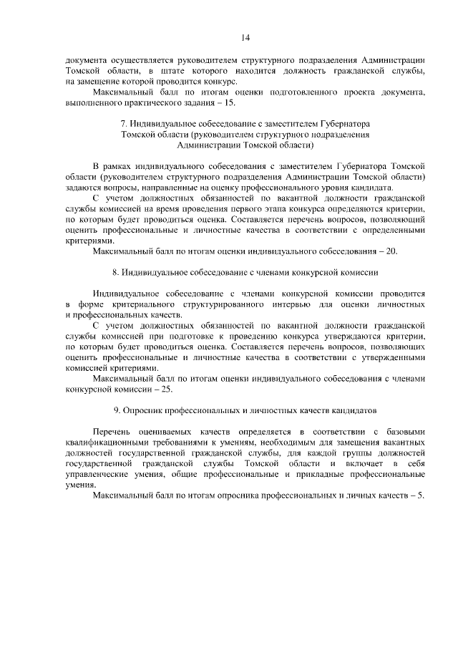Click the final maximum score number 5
422,495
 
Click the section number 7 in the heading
124,124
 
